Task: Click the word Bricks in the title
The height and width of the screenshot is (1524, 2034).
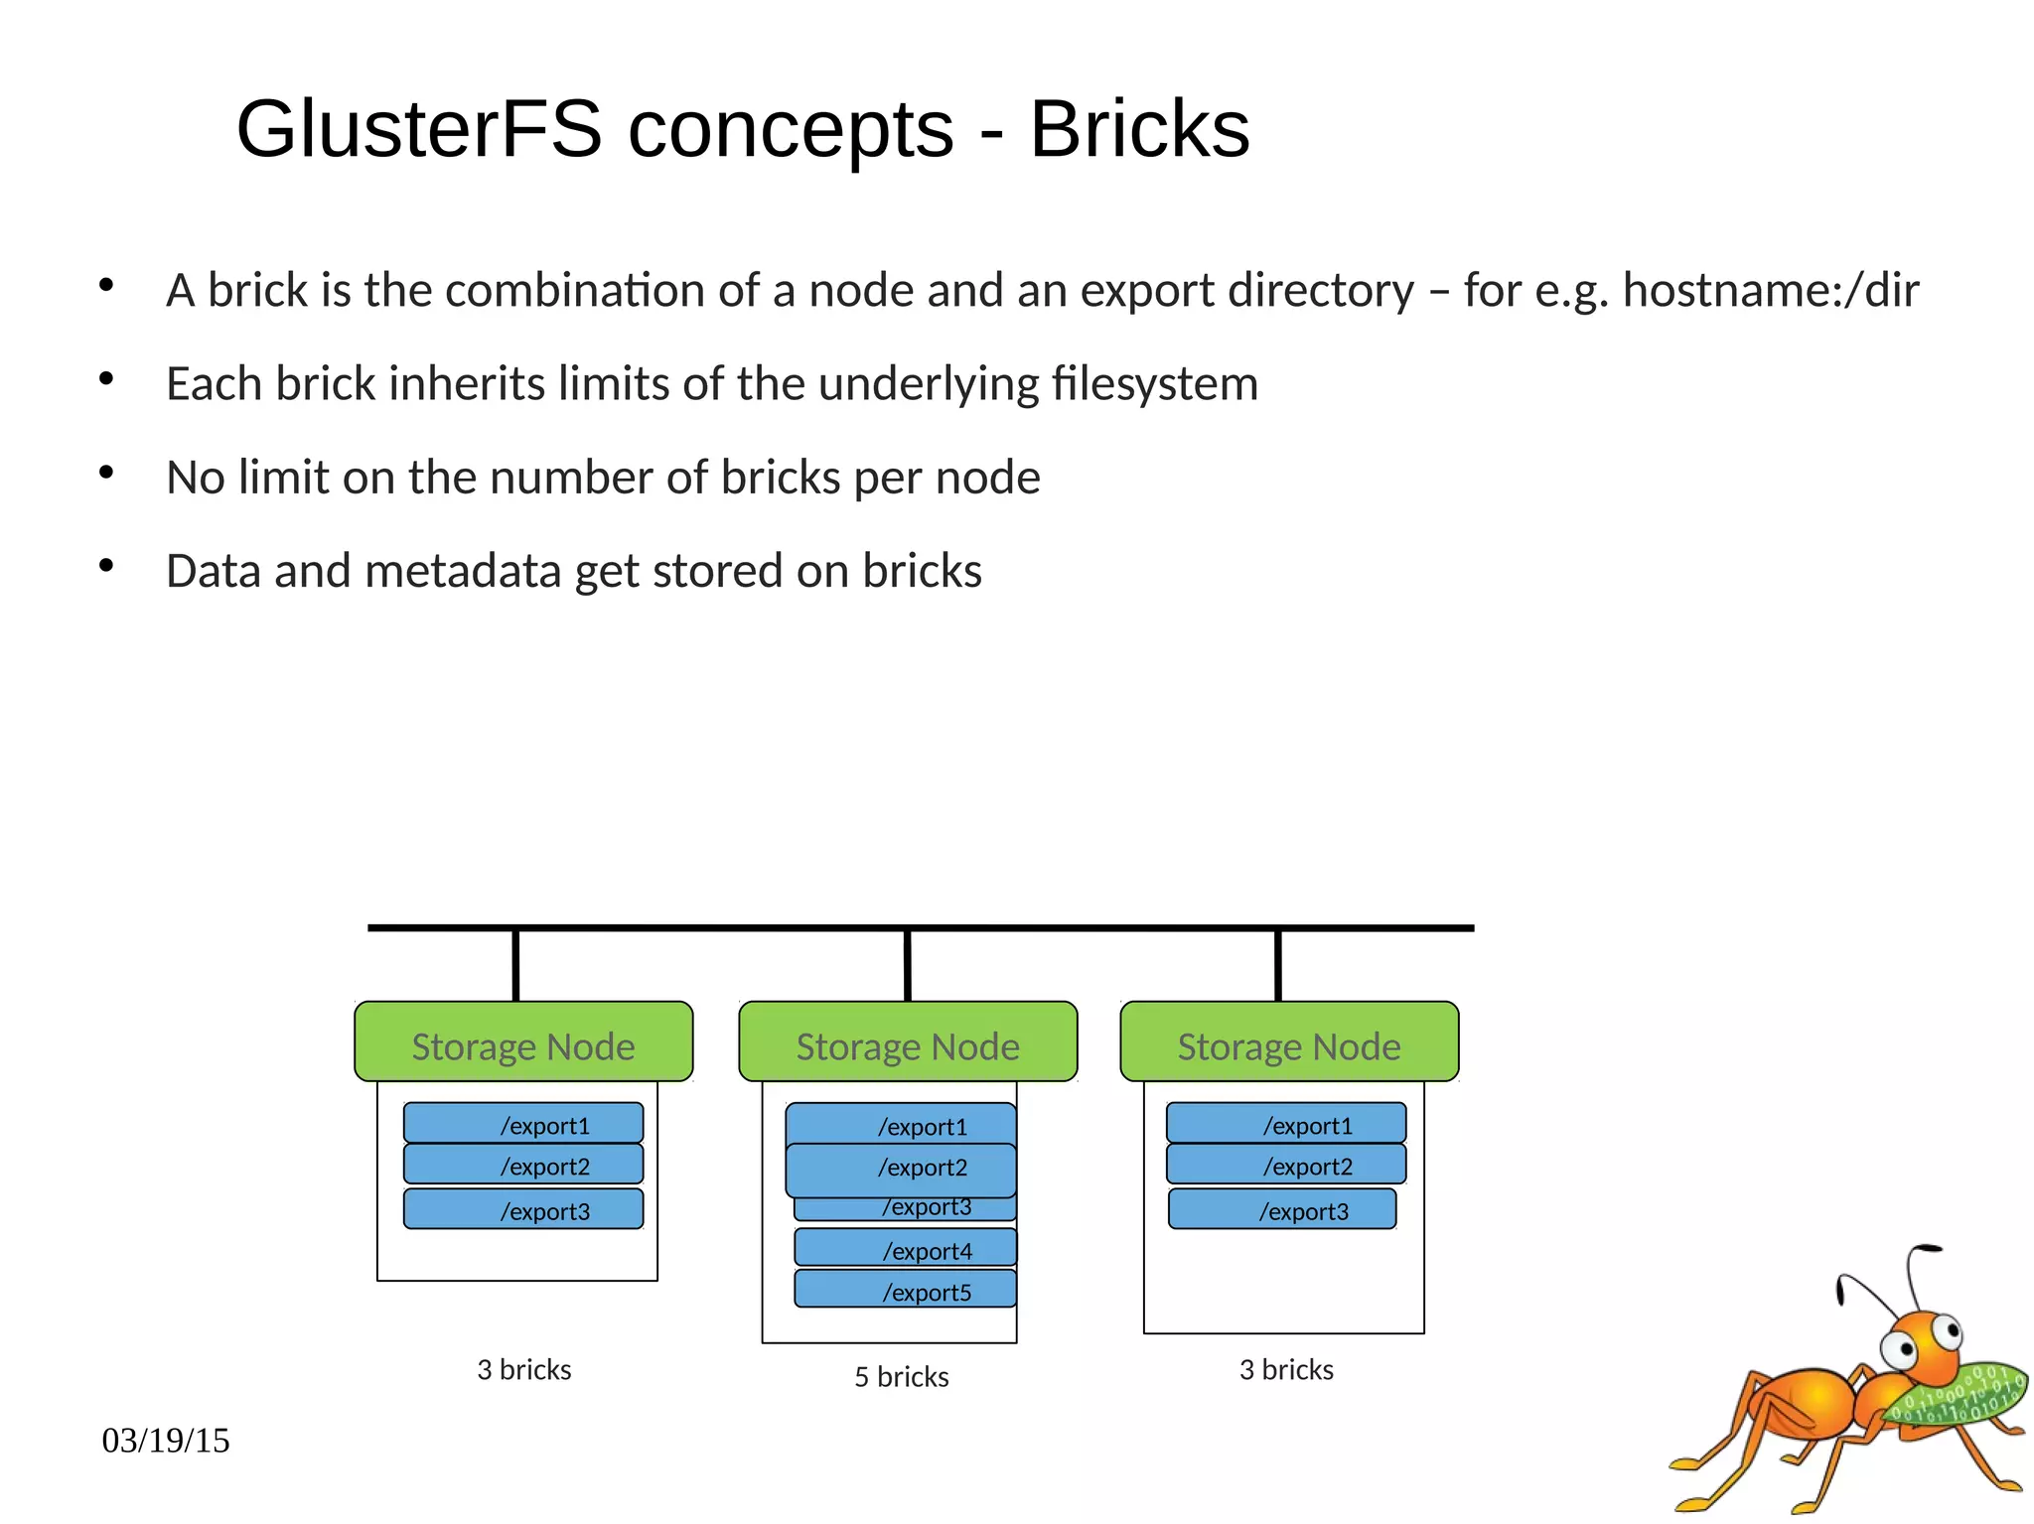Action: (x=1138, y=129)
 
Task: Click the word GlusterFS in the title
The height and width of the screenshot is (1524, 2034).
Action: (x=419, y=129)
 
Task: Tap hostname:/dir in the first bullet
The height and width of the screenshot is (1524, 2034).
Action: (x=1770, y=291)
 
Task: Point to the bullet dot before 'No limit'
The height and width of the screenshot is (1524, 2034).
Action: (x=106, y=473)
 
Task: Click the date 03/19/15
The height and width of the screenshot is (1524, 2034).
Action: (x=166, y=1440)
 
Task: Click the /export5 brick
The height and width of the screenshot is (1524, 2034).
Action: (x=906, y=1290)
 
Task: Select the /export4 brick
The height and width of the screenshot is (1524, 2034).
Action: (x=906, y=1248)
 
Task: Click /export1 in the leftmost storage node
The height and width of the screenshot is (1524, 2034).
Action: (x=523, y=1124)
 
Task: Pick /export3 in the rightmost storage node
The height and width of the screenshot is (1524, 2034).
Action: (x=1282, y=1209)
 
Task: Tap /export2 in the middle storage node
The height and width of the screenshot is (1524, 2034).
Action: (x=901, y=1169)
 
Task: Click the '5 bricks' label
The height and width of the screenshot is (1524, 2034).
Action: (x=901, y=1377)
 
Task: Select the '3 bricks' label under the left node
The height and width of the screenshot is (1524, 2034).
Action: (x=523, y=1370)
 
